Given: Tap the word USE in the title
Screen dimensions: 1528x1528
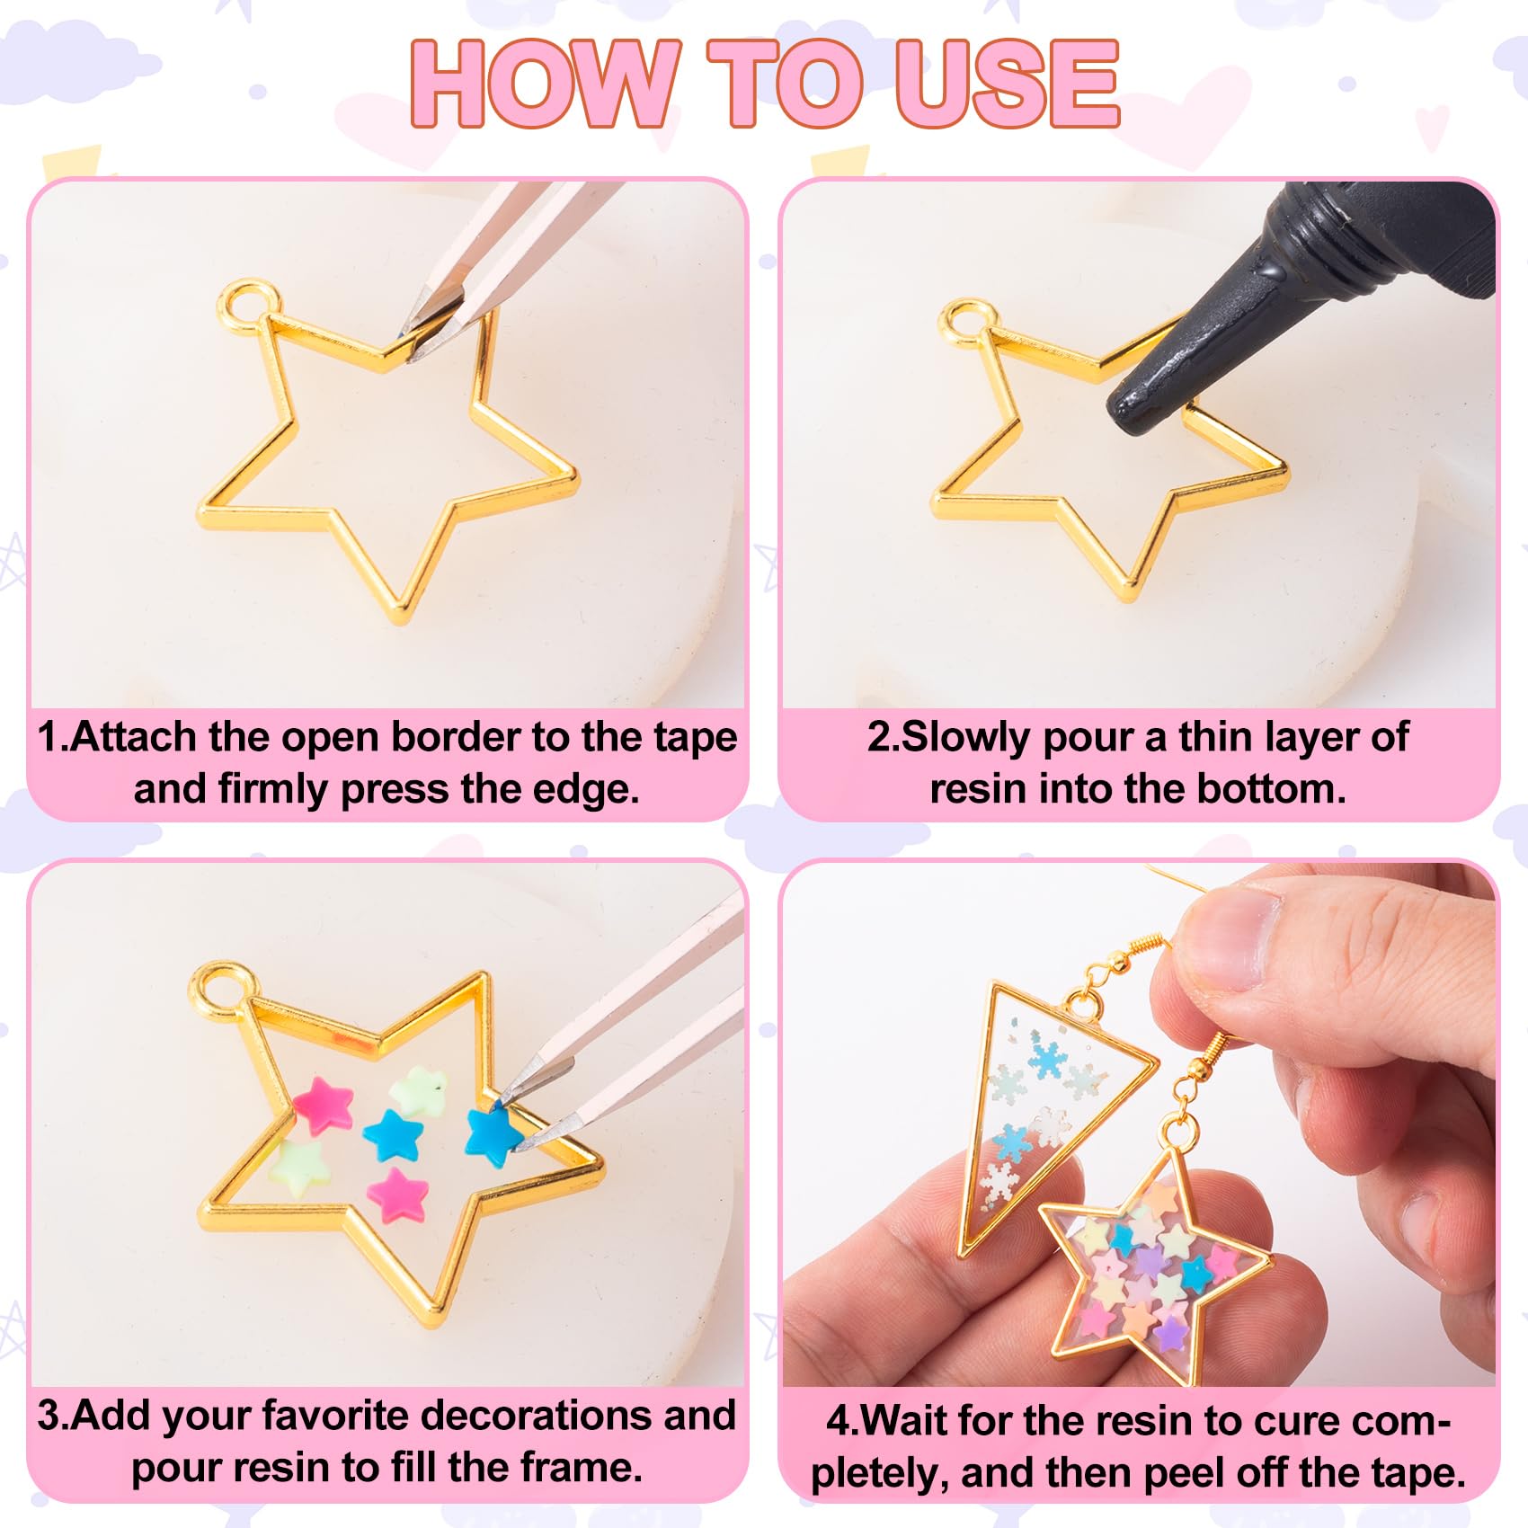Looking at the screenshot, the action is pyautogui.click(x=1006, y=83).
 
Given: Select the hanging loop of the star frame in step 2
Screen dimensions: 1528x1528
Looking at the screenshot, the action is pyautogui.click(x=966, y=324).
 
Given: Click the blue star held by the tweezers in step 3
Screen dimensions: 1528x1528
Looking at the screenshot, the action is pyautogui.click(x=493, y=1133).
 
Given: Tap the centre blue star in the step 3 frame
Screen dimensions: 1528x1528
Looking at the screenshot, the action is pyautogui.click(x=393, y=1134).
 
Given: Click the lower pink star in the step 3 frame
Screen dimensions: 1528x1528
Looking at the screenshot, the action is pyautogui.click(x=398, y=1195).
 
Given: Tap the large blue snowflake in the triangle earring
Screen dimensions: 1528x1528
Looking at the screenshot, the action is pyautogui.click(x=1046, y=1061).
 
